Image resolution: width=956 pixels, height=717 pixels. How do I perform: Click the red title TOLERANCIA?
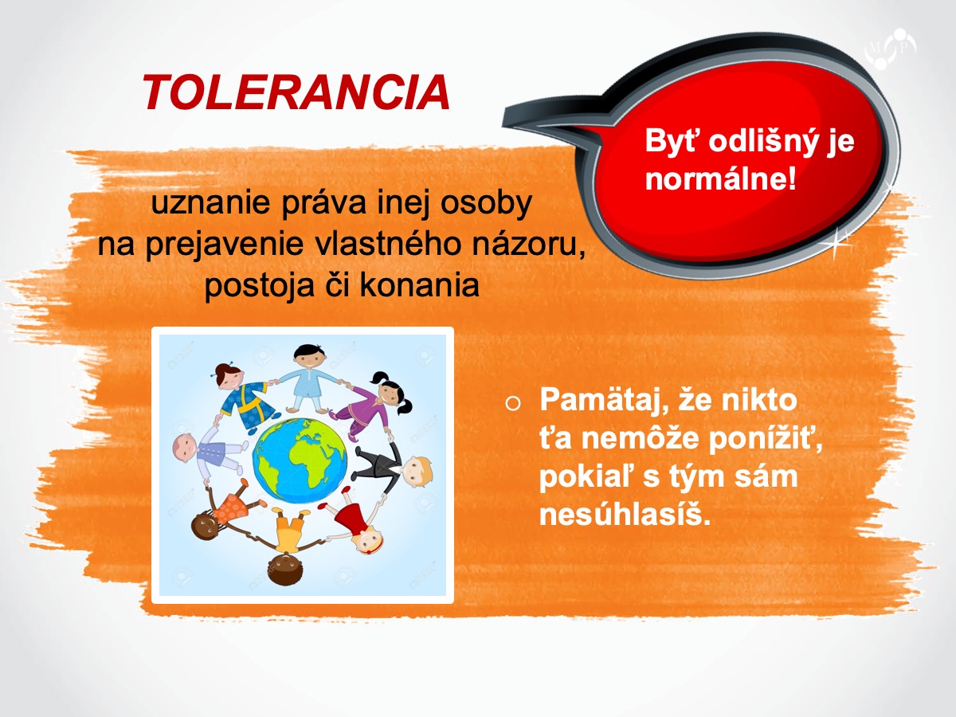(x=296, y=92)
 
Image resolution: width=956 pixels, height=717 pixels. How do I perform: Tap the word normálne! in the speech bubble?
(x=721, y=178)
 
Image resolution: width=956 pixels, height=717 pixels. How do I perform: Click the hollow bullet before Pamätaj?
(x=513, y=403)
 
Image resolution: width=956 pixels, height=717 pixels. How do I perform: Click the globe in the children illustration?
(x=300, y=460)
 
